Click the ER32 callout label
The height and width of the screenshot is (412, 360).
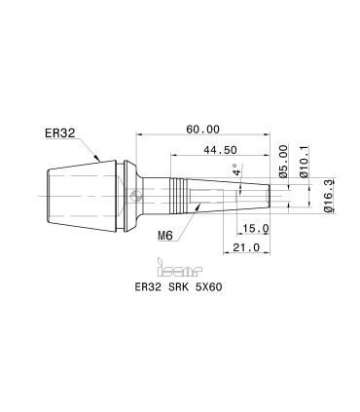pyautogui.click(x=60, y=133)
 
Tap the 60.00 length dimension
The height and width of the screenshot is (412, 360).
pyautogui.click(x=202, y=130)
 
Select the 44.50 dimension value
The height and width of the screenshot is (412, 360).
pyautogui.click(x=220, y=150)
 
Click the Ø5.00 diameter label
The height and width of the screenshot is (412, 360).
pyautogui.click(x=283, y=162)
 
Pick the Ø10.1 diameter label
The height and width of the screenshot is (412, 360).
pyautogui.click(x=304, y=162)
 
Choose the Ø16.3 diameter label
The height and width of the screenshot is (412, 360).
pyautogui.click(x=328, y=197)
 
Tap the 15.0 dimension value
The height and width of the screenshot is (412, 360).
pyautogui.click(x=256, y=229)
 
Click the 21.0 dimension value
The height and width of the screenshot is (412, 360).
pyautogui.click(x=246, y=247)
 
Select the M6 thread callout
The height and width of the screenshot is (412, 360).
pyautogui.click(x=165, y=235)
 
